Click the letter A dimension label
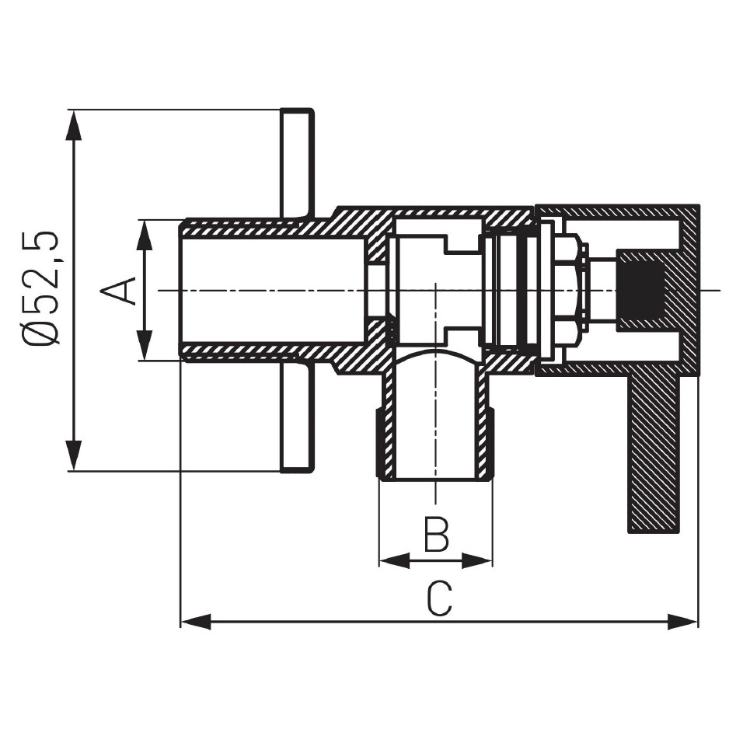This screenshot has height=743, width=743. click(x=118, y=290)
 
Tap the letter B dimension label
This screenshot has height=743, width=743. click(x=437, y=535)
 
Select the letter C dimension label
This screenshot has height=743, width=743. click(x=439, y=599)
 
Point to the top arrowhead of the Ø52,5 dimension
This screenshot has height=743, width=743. click(x=72, y=125)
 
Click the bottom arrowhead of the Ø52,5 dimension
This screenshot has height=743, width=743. click(x=72, y=455)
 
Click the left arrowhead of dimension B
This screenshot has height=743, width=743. click(x=395, y=561)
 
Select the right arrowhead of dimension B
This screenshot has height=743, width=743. click(x=477, y=561)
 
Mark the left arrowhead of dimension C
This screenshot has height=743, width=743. click(x=196, y=621)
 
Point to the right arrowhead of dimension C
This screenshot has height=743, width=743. click(x=682, y=621)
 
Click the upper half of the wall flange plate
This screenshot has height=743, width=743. click(x=297, y=163)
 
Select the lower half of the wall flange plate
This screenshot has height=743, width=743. click(x=297, y=417)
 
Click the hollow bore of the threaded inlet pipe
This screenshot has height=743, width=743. click(x=274, y=290)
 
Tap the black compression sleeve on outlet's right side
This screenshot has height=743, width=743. click(x=490, y=444)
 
